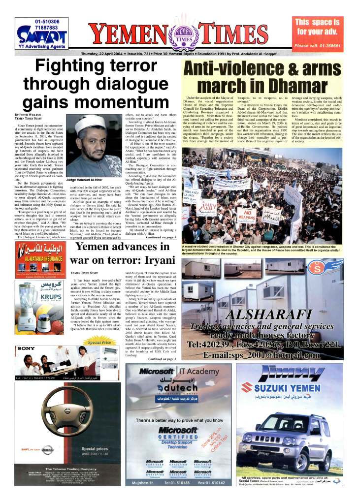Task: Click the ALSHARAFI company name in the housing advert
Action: pyautogui.click(x=268, y=314)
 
